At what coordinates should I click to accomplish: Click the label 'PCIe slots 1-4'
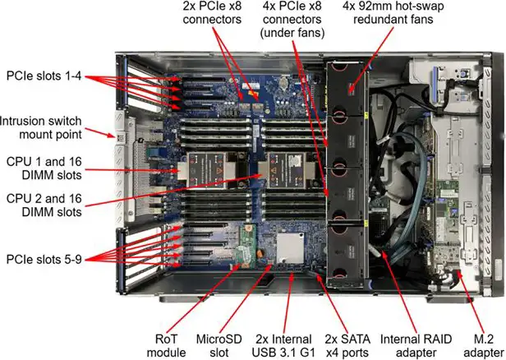(44, 74)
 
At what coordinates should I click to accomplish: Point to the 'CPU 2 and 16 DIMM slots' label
(43, 205)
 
